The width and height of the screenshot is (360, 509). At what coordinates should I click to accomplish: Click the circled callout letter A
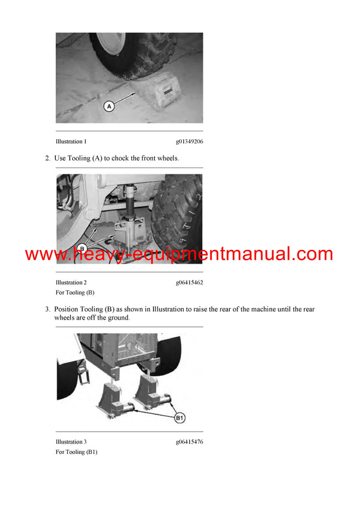pos(109,106)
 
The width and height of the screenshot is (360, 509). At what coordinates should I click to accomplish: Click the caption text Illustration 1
pos(71,141)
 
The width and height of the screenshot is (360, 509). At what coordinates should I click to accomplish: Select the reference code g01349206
pos(189,141)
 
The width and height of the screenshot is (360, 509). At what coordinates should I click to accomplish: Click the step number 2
pos(47,158)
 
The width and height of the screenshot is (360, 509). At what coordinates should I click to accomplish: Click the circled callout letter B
pos(83,249)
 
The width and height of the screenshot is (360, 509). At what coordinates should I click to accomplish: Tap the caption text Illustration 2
pos(71,282)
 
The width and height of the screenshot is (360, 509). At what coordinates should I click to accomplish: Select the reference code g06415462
pos(189,282)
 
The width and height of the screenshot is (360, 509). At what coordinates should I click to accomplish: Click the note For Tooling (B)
pos(75,293)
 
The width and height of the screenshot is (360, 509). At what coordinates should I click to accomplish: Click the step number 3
pos(47,309)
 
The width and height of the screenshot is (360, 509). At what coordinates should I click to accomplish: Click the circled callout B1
pos(180,417)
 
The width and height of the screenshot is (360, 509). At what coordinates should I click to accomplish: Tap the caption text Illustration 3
pos(71,442)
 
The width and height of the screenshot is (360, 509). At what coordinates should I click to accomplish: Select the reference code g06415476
pos(189,442)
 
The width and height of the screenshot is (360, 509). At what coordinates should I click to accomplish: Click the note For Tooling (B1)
pos(76,452)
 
